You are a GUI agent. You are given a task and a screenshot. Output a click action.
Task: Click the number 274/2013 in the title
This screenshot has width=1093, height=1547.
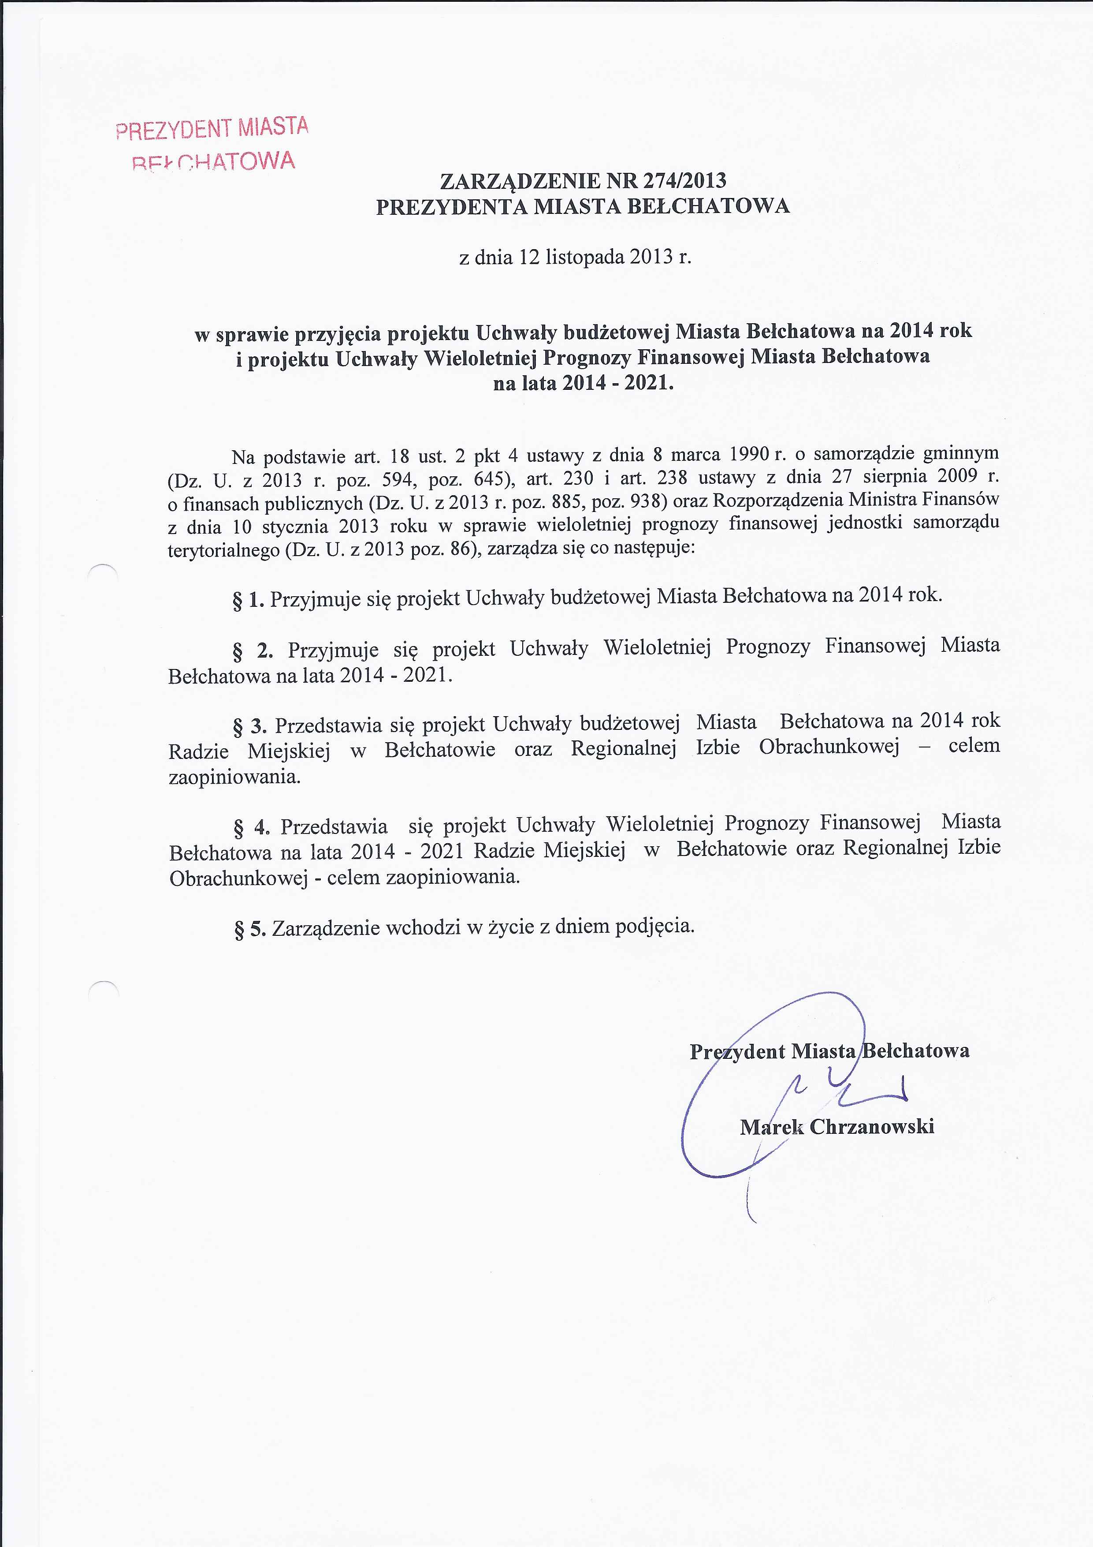coord(685,180)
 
